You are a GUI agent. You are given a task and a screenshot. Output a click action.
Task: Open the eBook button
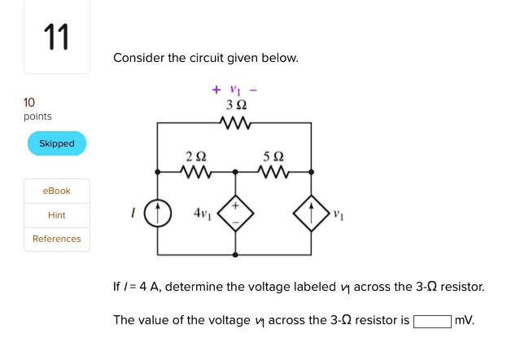(57, 191)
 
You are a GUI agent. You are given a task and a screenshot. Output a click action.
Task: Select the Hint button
(57, 215)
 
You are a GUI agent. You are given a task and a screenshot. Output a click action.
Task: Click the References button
(57, 239)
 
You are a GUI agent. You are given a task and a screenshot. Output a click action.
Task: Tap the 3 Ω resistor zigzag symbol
(235, 124)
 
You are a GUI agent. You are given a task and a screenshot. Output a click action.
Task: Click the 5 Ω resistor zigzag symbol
(273, 172)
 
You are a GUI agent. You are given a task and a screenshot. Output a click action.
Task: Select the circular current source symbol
(158, 213)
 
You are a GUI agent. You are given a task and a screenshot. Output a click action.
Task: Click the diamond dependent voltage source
(236, 213)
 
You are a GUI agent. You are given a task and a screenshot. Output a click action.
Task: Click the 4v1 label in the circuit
(202, 213)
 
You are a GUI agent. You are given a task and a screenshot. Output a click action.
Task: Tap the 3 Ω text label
(236, 106)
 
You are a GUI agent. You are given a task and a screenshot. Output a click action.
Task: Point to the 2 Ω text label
(195, 156)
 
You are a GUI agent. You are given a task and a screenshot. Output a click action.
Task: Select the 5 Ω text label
(273, 156)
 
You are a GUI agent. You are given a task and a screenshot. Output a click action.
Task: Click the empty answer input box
(433, 320)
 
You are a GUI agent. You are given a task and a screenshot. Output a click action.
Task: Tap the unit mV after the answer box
(465, 320)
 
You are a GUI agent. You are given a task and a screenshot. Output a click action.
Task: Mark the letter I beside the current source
(133, 213)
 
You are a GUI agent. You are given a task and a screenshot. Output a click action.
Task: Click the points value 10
(29, 103)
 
